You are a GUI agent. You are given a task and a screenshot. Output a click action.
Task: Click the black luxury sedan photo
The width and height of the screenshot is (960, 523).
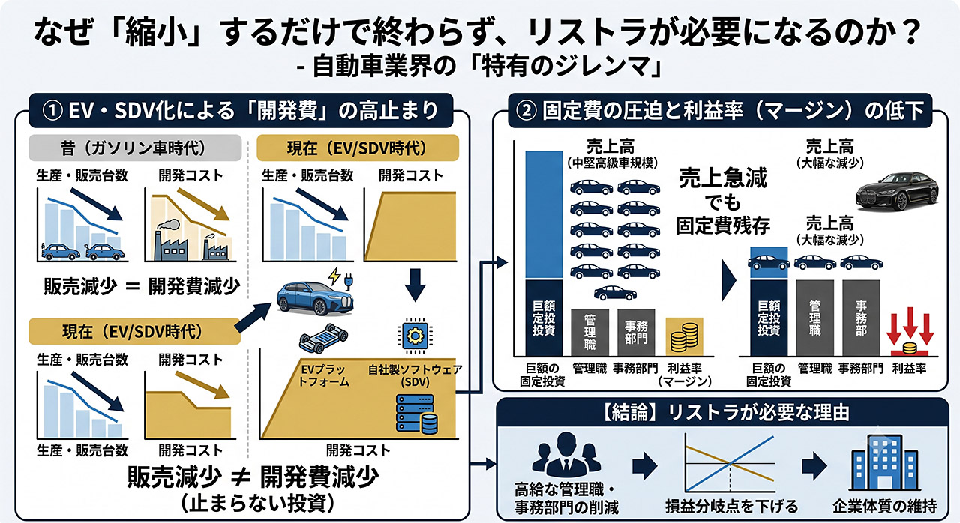coord(897,191)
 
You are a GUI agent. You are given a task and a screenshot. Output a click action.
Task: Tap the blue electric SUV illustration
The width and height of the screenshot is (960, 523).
coord(316,298)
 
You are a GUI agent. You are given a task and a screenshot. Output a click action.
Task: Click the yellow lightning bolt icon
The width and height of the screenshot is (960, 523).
coord(334,276)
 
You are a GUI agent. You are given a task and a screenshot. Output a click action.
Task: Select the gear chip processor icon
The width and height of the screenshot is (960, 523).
coord(415,336)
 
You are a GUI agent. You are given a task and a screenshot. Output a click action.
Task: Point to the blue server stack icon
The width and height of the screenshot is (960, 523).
coord(416,414)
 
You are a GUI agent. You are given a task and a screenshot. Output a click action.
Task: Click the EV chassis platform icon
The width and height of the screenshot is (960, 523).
coord(323,338)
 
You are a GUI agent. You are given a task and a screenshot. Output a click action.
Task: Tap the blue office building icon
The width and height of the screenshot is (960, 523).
coord(884,462)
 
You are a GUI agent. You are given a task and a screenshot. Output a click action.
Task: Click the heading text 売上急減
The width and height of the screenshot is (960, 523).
coord(723,178)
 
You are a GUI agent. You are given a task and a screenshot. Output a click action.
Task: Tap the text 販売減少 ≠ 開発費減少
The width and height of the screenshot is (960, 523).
coord(253,477)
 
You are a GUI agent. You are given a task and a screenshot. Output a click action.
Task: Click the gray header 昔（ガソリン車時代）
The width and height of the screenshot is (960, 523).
coord(135,148)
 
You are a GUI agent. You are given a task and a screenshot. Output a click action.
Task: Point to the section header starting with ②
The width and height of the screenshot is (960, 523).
coord(720,110)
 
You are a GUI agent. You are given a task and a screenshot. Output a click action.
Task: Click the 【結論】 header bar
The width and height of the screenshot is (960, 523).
coord(722,413)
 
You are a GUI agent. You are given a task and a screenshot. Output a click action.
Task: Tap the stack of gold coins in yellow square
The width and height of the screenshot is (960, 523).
coord(685,336)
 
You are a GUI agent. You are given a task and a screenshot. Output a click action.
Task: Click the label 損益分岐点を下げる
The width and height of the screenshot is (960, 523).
coord(731,507)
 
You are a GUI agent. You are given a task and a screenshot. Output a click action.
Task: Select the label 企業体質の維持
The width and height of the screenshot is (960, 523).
coord(884,507)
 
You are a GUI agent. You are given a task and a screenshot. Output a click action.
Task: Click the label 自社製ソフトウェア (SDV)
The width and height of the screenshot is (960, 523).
coord(415,375)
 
